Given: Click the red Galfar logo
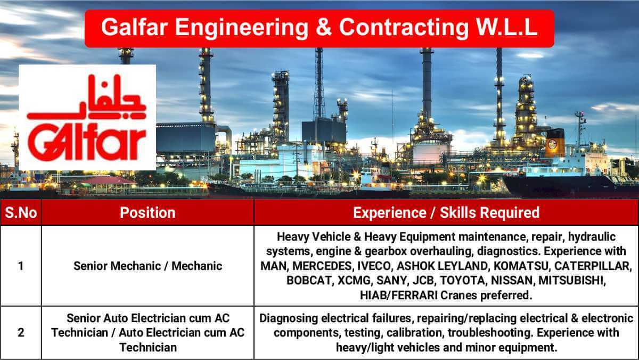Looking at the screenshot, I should [x=87, y=118].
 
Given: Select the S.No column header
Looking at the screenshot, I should [x=21, y=212].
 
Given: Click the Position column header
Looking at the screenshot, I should [x=148, y=212].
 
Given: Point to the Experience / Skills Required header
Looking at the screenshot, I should [x=446, y=212].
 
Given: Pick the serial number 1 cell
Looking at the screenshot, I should [x=21, y=266].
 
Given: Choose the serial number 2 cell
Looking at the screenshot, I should [x=21, y=333].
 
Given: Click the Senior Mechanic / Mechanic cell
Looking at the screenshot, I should [x=148, y=266].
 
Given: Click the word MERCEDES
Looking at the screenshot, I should [x=324, y=266].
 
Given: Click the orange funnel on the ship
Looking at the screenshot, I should [x=554, y=142].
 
